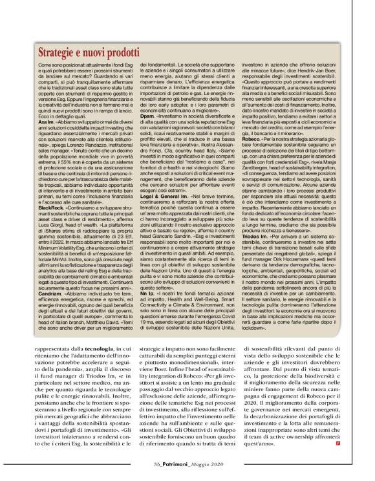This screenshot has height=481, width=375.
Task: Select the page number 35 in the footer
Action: click(x=157, y=465)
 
